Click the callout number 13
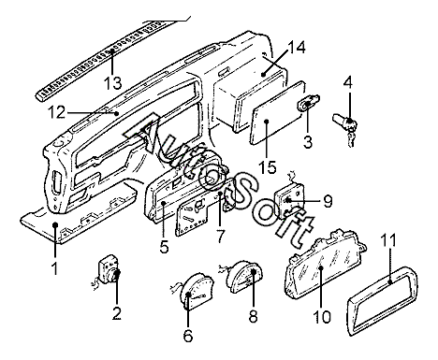coord(112,83)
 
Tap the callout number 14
coord(297,48)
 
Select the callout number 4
coord(348,82)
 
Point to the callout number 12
coord(57,112)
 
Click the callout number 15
coord(268,167)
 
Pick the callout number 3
coord(308,142)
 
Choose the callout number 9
coord(328,201)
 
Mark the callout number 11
coord(388,240)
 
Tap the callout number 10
coord(322,317)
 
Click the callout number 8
coord(253,316)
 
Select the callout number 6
coord(188,336)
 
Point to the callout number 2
coord(117,313)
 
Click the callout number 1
coord(55,268)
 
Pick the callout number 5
coord(164,247)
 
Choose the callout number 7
coord(220,236)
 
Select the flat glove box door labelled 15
coord(278,113)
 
